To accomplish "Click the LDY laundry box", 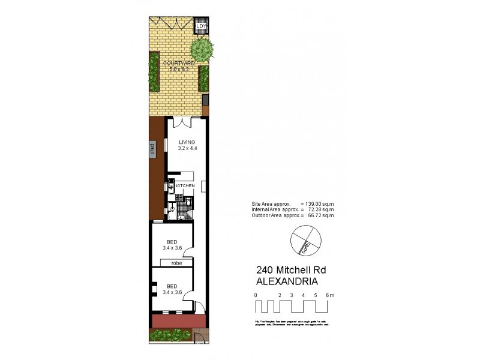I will coord(202,27).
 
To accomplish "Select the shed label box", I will coord(153,149).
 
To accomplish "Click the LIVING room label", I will coord(187,141).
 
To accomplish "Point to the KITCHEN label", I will coord(185,187).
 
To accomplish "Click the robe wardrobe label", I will coord(176,263).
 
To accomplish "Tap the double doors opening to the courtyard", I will coord(182,122).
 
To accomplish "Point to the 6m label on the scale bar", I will coord(329,295).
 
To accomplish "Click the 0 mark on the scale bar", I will coord(256,295).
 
